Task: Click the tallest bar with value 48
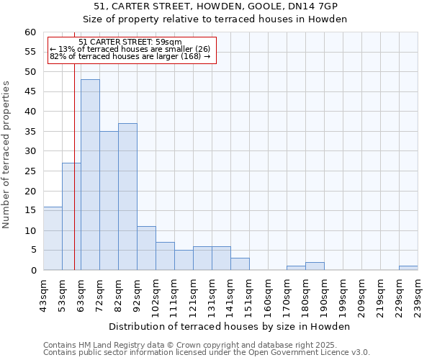pos(90,175)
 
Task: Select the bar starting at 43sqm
pos(53,238)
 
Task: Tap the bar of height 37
pos(127,197)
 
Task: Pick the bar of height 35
pos(109,201)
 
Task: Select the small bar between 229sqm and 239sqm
pos(408,268)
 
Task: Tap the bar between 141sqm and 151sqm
pos(240,264)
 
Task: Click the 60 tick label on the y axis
pos(30,32)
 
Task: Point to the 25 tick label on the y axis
pos(30,171)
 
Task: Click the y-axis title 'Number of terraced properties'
pos(6,155)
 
